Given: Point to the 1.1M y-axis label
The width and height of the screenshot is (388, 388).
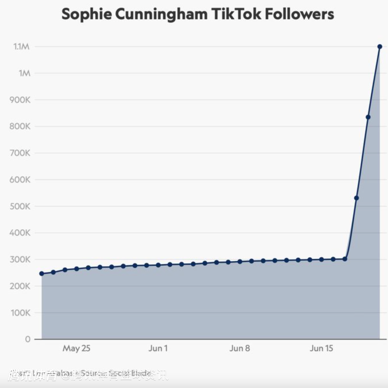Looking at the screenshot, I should pyautogui.click(x=22, y=47).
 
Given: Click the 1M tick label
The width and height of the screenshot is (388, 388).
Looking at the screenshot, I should pyautogui.click(x=24, y=73).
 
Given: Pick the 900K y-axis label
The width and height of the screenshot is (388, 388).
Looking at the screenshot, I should pyautogui.click(x=20, y=100).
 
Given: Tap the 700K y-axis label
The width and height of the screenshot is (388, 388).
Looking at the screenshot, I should pyautogui.click(x=20, y=153).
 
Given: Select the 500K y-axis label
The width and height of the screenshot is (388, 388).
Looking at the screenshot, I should pyautogui.click(x=20, y=206).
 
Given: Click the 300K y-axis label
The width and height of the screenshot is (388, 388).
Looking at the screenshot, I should pyautogui.click(x=20, y=259).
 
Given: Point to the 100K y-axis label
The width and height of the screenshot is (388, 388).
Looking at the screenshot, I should pyautogui.click(x=20, y=313).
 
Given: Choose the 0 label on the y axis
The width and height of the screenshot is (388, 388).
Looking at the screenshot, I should pyautogui.click(x=28, y=339).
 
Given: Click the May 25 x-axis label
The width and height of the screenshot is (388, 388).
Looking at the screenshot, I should pyautogui.click(x=76, y=348).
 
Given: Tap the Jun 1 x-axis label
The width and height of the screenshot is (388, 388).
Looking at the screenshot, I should pyautogui.click(x=158, y=348).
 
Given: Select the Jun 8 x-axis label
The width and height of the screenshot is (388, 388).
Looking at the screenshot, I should pyautogui.click(x=240, y=348).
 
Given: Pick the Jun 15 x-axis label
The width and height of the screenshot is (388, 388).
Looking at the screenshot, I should pyautogui.click(x=321, y=348).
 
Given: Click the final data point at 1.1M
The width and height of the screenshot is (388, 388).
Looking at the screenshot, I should pyautogui.click(x=380, y=47).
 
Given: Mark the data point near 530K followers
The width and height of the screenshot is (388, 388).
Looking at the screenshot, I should pyautogui.click(x=356, y=198).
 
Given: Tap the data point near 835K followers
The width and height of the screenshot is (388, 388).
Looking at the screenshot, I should pyautogui.click(x=368, y=117).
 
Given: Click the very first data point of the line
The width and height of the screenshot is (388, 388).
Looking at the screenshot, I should pyautogui.click(x=42, y=274).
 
